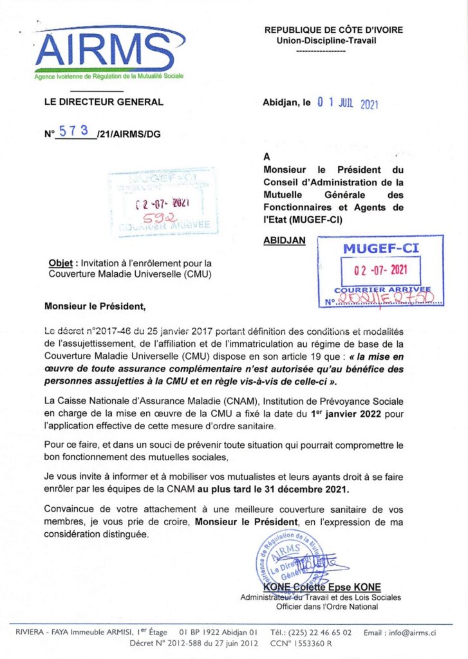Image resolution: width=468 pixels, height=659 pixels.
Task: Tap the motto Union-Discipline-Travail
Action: click(x=326, y=40)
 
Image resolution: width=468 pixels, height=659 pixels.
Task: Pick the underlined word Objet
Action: click(x=62, y=263)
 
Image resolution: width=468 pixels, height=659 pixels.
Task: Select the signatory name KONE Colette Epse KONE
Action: click(x=321, y=587)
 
